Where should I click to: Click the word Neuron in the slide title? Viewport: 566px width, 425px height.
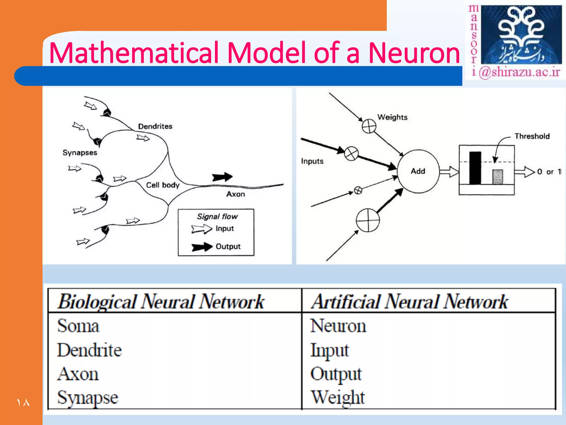(414, 53)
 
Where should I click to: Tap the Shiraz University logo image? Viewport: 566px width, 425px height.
(521, 35)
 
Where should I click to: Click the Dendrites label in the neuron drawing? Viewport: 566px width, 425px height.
(155, 126)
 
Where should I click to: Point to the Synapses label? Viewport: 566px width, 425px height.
(80, 153)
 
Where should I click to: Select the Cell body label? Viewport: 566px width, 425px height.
(163, 185)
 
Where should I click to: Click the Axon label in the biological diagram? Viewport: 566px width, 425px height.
(235, 194)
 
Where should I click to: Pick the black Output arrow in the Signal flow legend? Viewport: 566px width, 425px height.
(202, 247)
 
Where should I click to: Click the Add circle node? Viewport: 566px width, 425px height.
(418, 171)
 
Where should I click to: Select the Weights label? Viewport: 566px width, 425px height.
(392, 117)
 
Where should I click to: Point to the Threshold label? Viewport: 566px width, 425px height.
(532, 136)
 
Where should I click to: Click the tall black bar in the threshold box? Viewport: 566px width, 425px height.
(475, 168)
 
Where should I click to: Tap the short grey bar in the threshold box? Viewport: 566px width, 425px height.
(498, 177)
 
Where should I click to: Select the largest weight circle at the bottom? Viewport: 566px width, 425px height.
(368, 220)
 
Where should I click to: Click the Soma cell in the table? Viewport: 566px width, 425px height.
(78, 326)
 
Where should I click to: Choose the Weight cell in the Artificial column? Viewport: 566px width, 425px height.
(337, 397)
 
